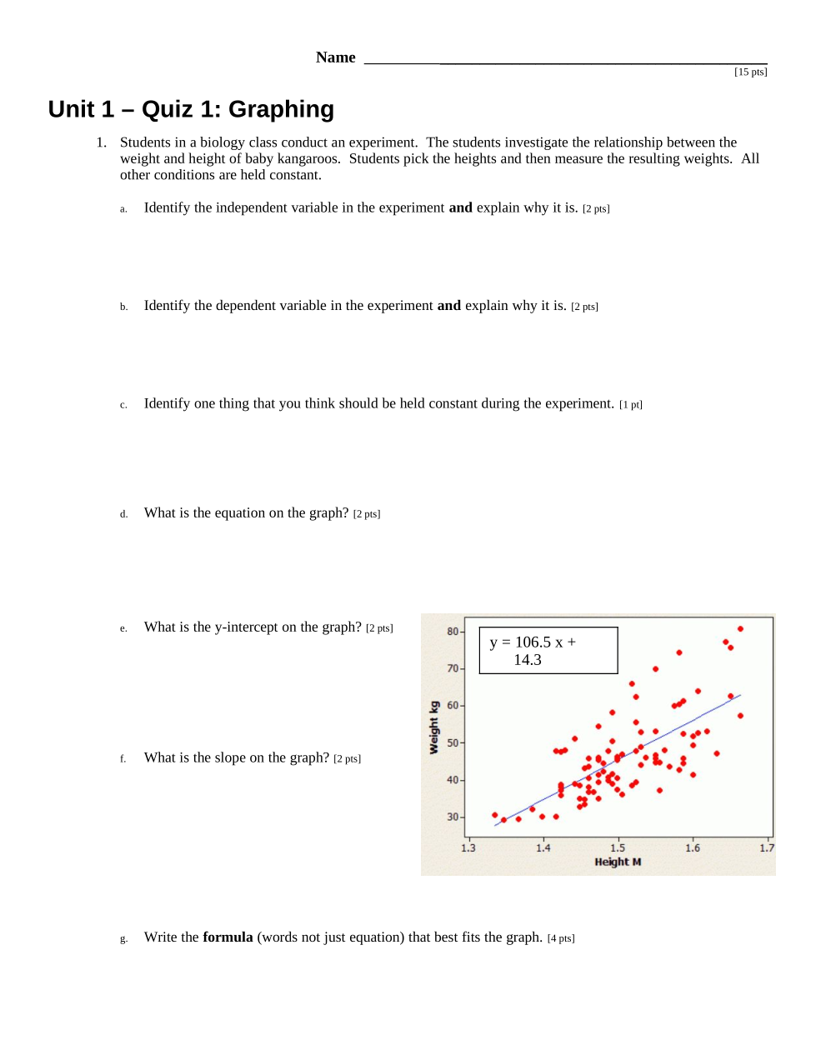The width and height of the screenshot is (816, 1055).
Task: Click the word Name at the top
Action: coord(335,57)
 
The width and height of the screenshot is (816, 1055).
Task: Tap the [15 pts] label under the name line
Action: coord(750,72)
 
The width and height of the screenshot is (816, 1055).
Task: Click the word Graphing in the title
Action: coord(281,109)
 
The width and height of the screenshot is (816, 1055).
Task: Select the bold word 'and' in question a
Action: coord(460,207)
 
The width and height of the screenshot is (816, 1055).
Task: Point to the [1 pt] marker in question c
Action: coord(631,405)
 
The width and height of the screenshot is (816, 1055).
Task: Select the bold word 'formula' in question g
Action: coord(228,937)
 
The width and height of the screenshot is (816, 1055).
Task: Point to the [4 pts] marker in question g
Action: coord(561,938)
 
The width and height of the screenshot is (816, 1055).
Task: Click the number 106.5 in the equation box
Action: coord(533,642)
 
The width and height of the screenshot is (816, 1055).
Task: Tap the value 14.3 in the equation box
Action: coord(528,660)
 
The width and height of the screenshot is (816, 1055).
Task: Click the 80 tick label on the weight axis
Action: coord(453,632)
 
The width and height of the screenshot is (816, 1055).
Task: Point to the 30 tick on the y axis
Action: coord(453,817)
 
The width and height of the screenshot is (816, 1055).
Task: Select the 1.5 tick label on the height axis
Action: coord(618,848)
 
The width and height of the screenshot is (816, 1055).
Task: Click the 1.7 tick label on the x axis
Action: coord(767,848)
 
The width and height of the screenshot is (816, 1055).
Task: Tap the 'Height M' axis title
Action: coord(618,862)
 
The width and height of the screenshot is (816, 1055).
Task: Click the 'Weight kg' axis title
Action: coord(433,727)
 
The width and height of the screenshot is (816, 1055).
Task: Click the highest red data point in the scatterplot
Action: coord(740,629)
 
